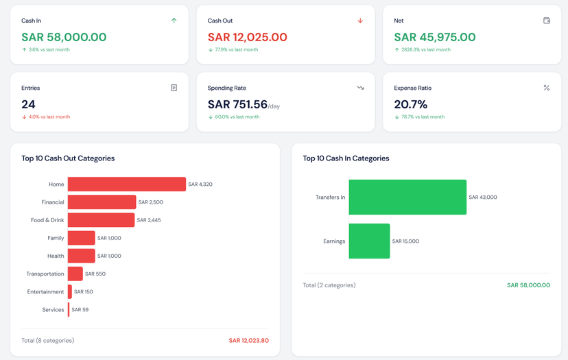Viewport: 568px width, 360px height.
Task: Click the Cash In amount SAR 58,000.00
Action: click(64, 37)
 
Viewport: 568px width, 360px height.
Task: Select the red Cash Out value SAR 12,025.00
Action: click(247, 37)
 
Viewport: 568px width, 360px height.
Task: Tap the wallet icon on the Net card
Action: click(547, 21)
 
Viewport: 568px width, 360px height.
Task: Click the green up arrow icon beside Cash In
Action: click(174, 21)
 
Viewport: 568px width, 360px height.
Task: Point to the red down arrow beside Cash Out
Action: click(360, 21)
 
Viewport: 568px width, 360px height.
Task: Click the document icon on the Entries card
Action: click(174, 88)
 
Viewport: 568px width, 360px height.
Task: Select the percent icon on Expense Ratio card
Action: click(547, 88)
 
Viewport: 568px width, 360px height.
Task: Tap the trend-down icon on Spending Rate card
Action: click(360, 88)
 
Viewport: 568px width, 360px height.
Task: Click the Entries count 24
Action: click(28, 104)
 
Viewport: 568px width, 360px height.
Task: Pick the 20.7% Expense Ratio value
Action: click(410, 104)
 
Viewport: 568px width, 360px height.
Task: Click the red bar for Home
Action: click(126, 184)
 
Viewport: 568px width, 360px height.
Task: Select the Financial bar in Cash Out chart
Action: click(102, 202)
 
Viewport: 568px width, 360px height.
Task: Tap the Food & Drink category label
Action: click(47, 220)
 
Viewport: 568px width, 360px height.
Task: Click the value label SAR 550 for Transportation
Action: click(95, 274)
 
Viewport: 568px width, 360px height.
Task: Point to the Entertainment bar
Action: click(70, 291)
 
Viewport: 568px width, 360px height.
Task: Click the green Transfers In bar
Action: click(407, 197)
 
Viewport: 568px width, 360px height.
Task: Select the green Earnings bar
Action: click(369, 241)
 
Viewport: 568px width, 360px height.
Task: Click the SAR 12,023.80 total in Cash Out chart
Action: click(248, 340)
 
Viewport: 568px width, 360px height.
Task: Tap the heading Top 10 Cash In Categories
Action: click(346, 158)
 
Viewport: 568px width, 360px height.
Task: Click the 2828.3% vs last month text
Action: click(425, 49)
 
